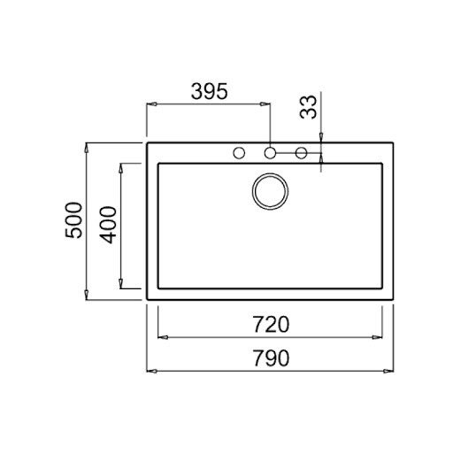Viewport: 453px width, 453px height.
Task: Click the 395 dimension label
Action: point(210,91)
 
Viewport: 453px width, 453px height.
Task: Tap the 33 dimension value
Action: point(308,107)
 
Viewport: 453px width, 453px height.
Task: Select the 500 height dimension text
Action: point(73,220)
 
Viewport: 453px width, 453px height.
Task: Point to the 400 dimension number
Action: point(108,225)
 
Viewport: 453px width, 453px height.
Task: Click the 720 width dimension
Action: point(271,324)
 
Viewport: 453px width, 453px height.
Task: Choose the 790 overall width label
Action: point(271,358)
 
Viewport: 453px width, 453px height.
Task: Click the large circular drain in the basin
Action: point(270,191)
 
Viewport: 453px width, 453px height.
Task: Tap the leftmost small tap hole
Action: point(239,153)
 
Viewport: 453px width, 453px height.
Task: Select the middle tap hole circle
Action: point(270,153)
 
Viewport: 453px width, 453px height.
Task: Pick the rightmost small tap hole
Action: point(301,153)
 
